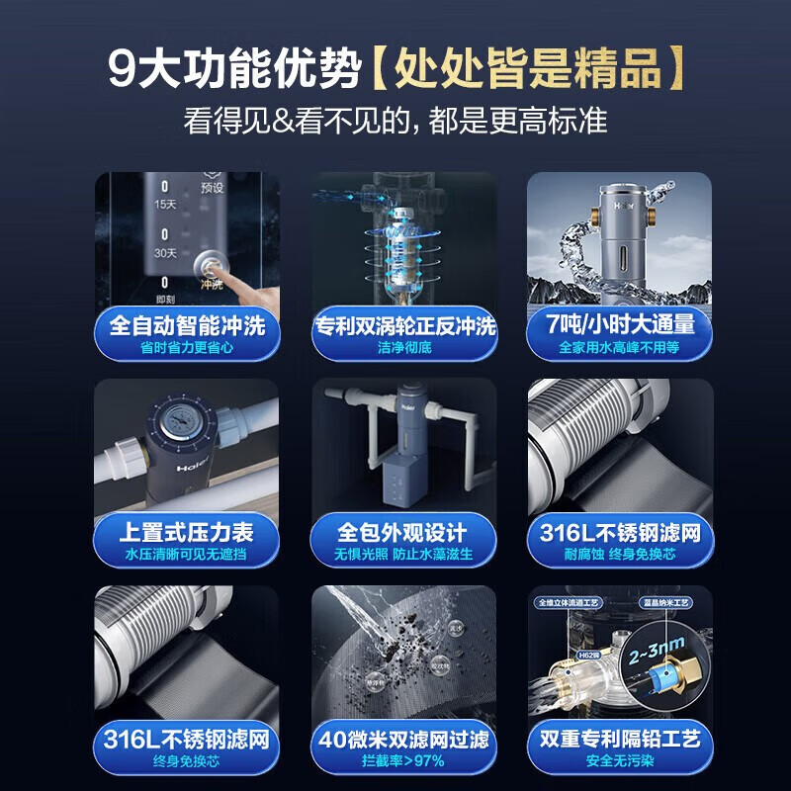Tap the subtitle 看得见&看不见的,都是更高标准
pos(395,121)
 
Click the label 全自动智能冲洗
pos(187,324)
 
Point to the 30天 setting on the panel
pos(165,253)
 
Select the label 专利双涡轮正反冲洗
pos(404,325)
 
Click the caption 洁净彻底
pos(404,348)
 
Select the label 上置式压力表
pos(187,532)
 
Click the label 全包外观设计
pos(404,532)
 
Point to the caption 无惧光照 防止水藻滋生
pos(404,555)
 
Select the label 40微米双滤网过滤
pos(404,740)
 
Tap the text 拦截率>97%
pos(404,762)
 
